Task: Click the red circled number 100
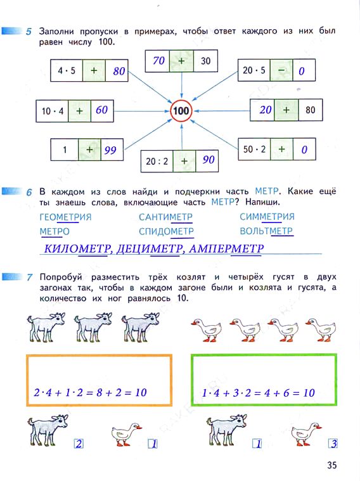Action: (x=181, y=111)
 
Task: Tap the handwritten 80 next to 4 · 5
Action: (x=119, y=71)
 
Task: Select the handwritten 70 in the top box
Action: (x=159, y=60)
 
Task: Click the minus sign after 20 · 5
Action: (x=281, y=70)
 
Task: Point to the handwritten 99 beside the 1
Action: (x=110, y=150)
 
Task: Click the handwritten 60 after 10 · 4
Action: (x=101, y=110)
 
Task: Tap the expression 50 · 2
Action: (x=254, y=150)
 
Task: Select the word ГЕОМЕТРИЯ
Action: (x=65, y=217)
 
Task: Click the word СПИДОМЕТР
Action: (x=166, y=231)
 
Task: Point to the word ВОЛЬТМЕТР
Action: (x=266, y=231)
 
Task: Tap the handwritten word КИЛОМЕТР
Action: (x=77, y=248)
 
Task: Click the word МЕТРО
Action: (x=55, y=231)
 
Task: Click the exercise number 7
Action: (x=29, y=278)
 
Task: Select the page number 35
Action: (x=331, y=465)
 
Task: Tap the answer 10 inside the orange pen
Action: (x=141, y=392)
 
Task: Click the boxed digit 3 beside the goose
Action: (x=333, y=444)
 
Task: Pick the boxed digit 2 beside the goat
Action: (x=79, y=444)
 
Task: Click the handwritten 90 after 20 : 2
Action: (x=209, y=160)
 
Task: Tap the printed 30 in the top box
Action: (x=205, y=61)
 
